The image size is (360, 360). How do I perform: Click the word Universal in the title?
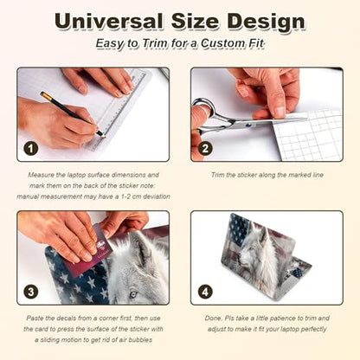[x=108, y=22]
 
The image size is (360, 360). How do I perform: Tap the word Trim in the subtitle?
[x=155, y=43]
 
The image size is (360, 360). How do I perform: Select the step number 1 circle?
[x=31, y=149]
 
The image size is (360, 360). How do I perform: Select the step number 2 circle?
[x=205, y=149]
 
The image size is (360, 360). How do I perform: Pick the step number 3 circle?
[x=31, y=292]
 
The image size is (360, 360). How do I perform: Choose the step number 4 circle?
[x=205, y=292]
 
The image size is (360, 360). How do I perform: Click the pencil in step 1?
[x=72, y=113]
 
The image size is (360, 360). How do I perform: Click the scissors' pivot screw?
[x=247, y=125]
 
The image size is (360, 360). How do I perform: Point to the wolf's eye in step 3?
[x=132, y=295]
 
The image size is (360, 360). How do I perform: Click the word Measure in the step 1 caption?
[x=41, y=175]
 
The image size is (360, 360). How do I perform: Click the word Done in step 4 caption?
[x=213, y=318]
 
